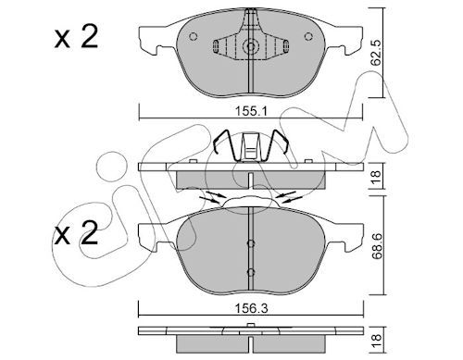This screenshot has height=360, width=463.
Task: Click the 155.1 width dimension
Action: tap(251, 111)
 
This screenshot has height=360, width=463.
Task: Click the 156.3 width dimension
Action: tap(251, 308)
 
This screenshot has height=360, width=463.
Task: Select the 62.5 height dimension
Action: tap(377, 53)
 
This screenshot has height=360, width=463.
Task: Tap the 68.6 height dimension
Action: tap(377, 247)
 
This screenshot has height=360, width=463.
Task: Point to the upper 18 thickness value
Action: tap(377, 177)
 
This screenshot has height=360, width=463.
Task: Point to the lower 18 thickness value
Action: tap(377, 342)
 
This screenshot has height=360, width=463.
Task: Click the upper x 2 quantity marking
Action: tap(76, 37)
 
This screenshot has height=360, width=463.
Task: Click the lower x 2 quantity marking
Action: tap(76, 233)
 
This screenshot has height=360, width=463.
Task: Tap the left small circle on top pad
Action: tap(194, 36)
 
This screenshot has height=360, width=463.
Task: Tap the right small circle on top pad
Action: tap(308, 36)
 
